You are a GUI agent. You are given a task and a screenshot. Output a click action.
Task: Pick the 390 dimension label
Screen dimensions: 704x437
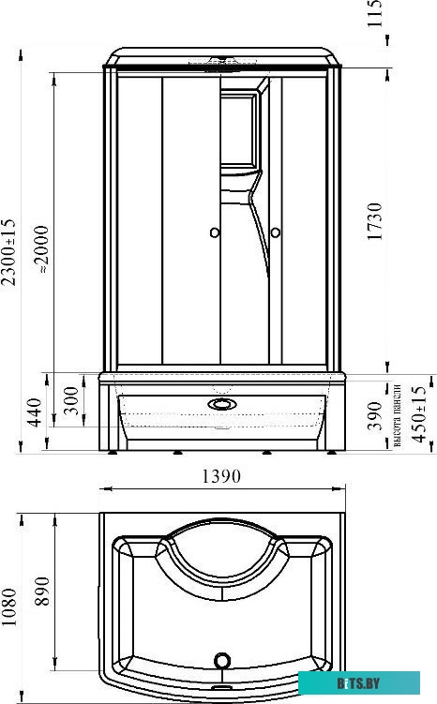pos(375,413)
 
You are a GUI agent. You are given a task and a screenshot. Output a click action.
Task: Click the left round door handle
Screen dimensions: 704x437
pos(214,232)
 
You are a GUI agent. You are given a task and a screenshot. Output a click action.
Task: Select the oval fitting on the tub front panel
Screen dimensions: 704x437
pos(222,406)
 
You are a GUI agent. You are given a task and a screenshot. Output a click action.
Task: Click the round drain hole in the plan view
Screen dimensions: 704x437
pos(222,660)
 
